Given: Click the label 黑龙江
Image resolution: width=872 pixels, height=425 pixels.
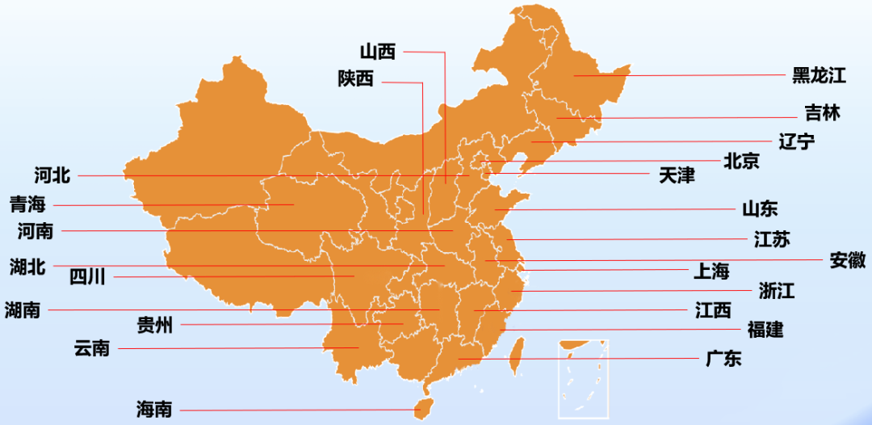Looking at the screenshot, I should [818, 76].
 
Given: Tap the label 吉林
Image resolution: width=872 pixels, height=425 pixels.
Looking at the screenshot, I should [822, 113].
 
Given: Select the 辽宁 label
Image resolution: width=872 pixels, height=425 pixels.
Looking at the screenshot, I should [796, 142].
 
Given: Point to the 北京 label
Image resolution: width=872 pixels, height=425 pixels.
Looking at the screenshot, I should [740, 162].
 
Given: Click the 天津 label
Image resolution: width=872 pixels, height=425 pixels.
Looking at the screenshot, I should [676, 175].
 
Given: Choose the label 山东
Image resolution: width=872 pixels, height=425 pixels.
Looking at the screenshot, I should [760, 209].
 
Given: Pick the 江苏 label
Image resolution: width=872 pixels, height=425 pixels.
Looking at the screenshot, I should [771, 239].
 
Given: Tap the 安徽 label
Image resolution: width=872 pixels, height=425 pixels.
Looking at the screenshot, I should [847, 260].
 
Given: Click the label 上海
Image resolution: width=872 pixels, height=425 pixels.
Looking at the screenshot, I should [711, 271].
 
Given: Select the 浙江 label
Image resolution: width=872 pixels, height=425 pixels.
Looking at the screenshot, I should [776, 292].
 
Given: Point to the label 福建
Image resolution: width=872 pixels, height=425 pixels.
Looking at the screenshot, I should [765, 330].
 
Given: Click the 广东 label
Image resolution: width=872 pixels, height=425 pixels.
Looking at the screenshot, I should [723, 360].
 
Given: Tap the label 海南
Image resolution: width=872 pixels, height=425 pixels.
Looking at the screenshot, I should [153, 410].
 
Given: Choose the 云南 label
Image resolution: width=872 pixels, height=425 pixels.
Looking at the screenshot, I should [91, 349].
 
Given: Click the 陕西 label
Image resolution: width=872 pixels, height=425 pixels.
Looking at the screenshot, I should [356, 79].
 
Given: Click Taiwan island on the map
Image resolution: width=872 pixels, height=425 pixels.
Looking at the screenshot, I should [516, 356].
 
